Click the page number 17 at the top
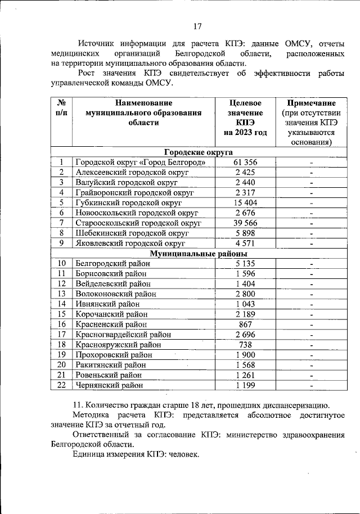tap(197, 26)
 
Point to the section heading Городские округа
tap(199, 152)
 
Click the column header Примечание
tap(311, 103)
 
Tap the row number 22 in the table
tap(61, 385)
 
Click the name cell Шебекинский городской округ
tap(132, 233)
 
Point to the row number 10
tap(61, 263)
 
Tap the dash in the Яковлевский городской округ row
tap(311, 244)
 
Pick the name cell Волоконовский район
tap(115, 294)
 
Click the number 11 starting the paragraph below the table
tap(78, 405)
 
